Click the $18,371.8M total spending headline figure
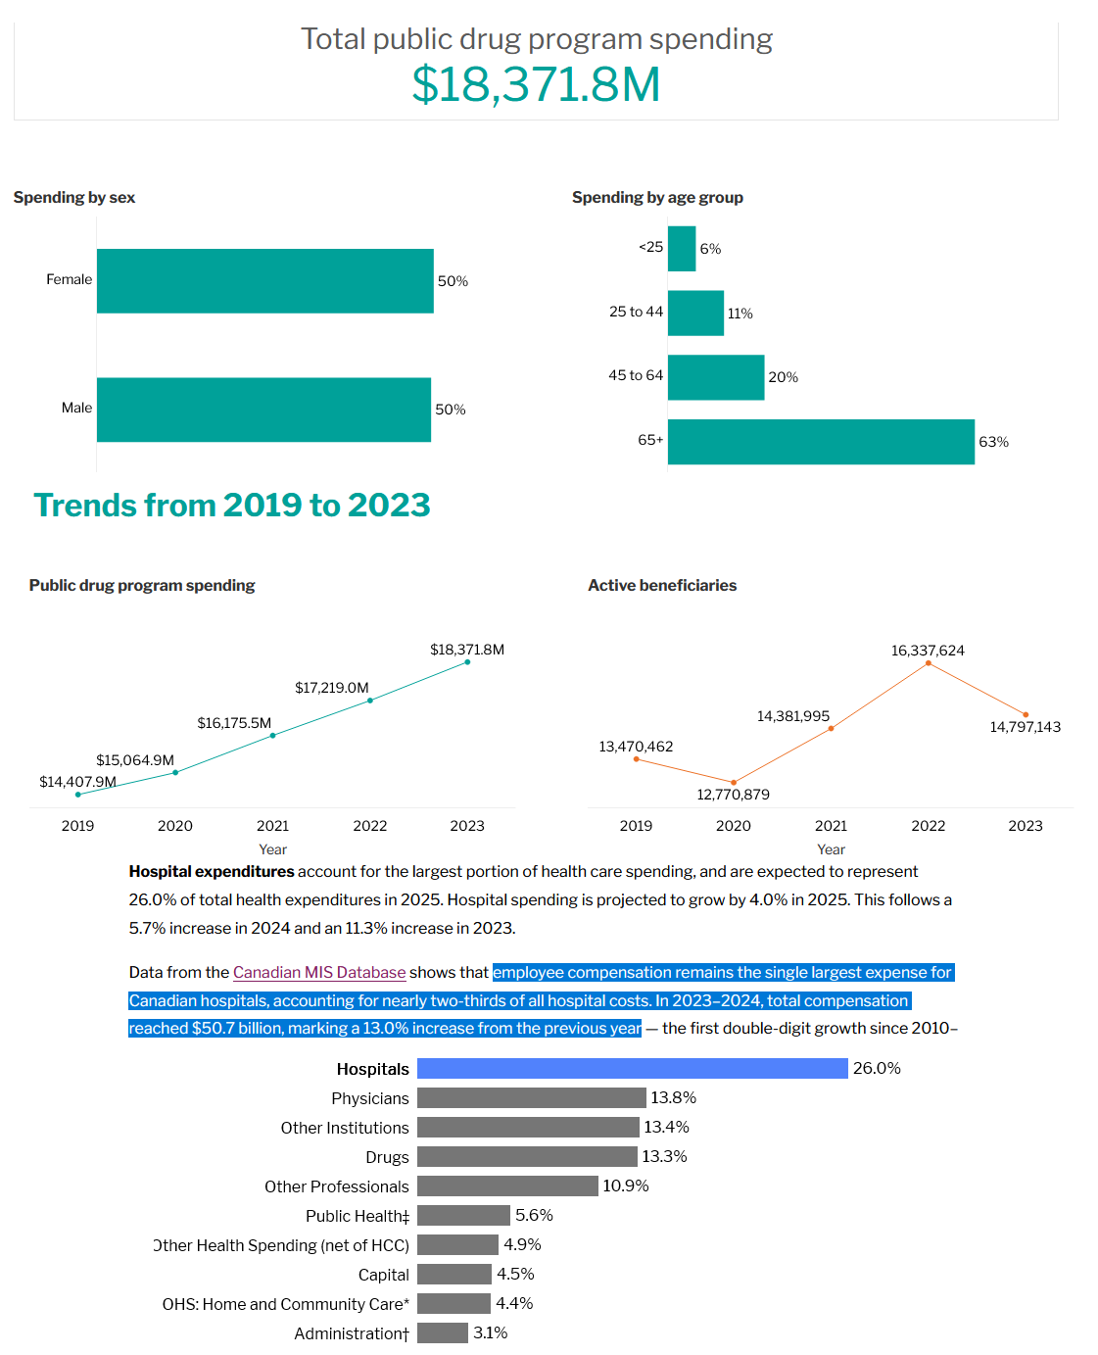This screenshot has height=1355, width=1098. pos(536,84)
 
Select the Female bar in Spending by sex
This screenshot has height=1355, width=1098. pos(264,281)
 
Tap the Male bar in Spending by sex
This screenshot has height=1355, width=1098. pos(263,410)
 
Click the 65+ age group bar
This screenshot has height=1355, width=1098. pos(821,442)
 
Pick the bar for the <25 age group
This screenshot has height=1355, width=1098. pos(682,249)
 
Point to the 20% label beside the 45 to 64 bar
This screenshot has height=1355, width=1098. pos(783,377)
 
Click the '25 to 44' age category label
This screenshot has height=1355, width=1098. pos(636,312)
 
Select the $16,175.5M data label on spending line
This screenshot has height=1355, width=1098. pos(234,723)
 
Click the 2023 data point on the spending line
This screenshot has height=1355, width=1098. pos(467,662)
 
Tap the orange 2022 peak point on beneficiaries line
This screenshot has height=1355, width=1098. pos(929,664)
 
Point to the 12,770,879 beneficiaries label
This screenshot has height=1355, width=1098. pos(733,795)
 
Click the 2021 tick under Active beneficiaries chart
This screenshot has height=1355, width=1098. pos(831,826)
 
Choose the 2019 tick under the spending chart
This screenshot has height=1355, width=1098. pos(78,826)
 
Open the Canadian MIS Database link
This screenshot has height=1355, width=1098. pos(319,972)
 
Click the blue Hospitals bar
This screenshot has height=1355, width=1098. pos(632,1068)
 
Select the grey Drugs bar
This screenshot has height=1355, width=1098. pos(527,1157)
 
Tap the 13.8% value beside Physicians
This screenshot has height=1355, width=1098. pos(674,1097)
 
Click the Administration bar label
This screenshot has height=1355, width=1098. pos(352,1333)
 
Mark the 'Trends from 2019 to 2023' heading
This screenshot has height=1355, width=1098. pos(232,505)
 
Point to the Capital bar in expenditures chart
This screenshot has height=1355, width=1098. pos(454,1274)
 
